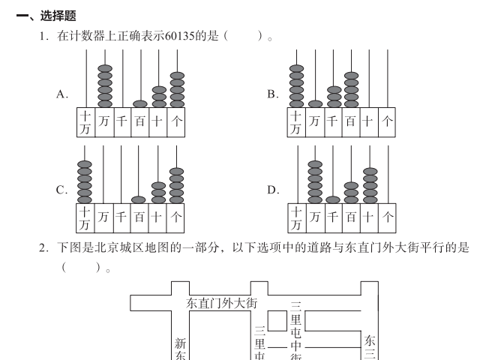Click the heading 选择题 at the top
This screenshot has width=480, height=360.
[x=58, y=16]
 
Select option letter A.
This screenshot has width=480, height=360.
[x=61, y=94]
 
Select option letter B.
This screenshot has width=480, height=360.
[x=272, y=94]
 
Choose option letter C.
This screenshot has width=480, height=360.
[x=61, y=190]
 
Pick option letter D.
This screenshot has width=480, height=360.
[x=273, y=190]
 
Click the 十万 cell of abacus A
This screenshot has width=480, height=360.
[x=85, y=122]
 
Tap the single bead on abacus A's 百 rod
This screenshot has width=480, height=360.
[x=140, y=104]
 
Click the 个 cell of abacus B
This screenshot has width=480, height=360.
[x=387, y=122]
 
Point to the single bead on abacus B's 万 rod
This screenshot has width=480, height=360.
[x=315, y=104]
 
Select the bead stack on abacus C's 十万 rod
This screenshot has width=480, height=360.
[x=85, y=182]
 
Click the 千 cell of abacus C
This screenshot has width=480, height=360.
[x=121, y=218]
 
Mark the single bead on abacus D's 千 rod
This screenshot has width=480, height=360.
[x=333, y=200]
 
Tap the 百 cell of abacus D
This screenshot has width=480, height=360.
[x=352, y=218]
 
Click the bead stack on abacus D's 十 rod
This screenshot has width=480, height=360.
[x=370, y=185]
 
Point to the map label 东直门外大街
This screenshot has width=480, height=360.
[x=222, y=303]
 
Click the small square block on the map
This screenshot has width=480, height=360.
[x=277, y=320]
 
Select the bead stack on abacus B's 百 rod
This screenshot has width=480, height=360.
[x=352, y=90]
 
